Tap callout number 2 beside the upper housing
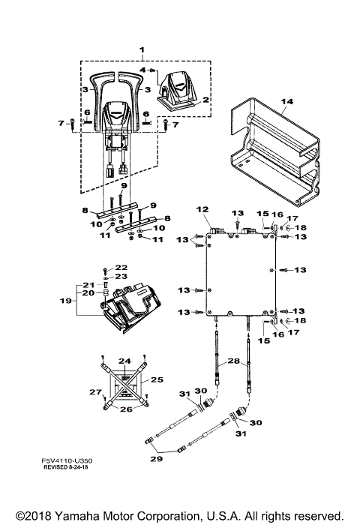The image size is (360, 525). pos(205,100)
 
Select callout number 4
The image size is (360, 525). pos(141,70)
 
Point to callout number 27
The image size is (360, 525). pos(94,391)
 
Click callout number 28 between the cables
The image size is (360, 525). pos(233,361)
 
